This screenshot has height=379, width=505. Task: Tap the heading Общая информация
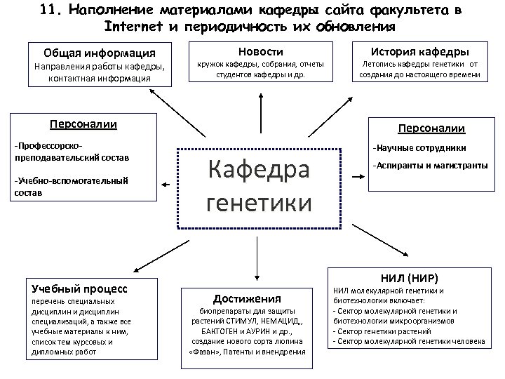tap(99, 53)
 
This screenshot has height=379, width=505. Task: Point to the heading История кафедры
tap(419, 51)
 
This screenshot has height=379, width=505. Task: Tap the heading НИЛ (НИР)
tap(409, 277)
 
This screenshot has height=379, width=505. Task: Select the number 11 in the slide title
tap(48, 10)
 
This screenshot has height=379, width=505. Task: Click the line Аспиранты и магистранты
tap(429, 166)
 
